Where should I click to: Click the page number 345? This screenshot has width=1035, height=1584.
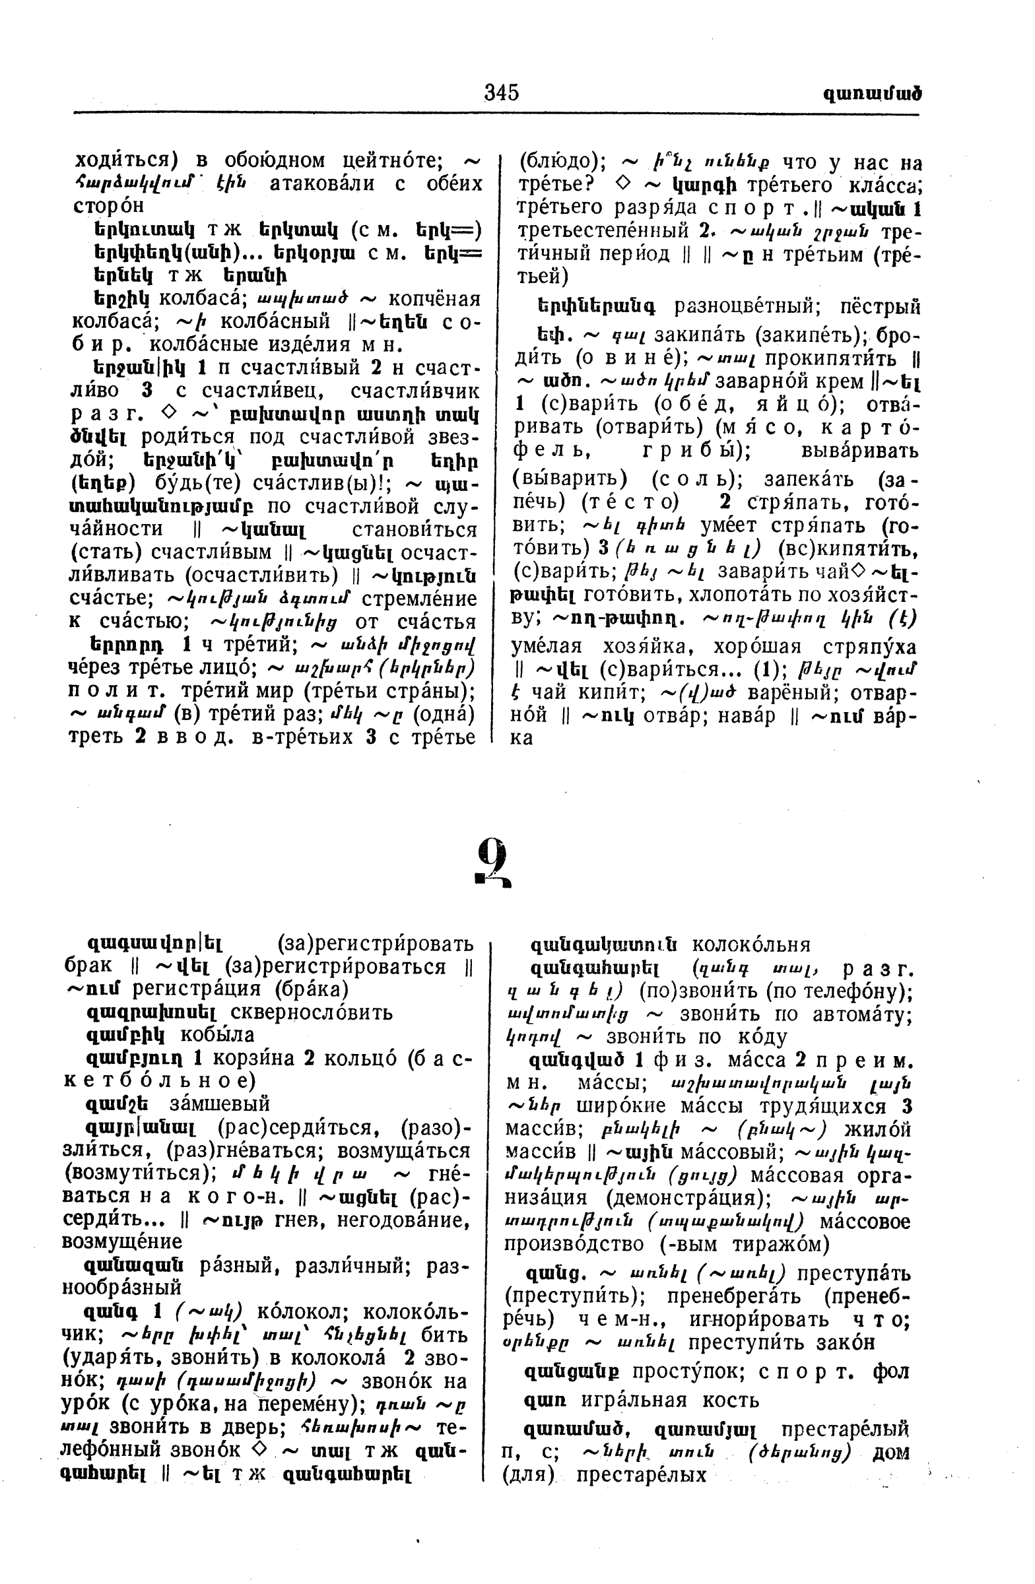[x=501, y=92]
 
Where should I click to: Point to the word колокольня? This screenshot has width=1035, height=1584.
[x=751, y=944]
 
